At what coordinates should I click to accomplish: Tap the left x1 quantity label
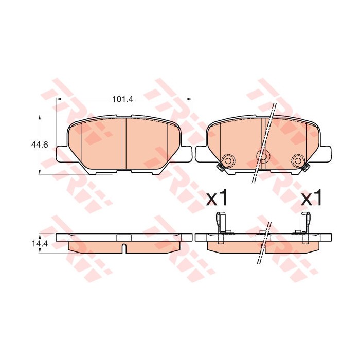pos(216,198)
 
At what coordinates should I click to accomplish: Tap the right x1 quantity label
pos(311,198)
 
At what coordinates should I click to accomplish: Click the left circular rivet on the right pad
pos(227,160)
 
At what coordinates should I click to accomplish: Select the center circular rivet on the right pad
pos(262,156)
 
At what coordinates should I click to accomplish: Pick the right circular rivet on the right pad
pos(297,161)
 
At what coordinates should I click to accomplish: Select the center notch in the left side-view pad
pos(124,248)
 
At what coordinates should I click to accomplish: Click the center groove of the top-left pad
pos(123,144)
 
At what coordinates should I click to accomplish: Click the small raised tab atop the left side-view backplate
pos(124,237)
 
